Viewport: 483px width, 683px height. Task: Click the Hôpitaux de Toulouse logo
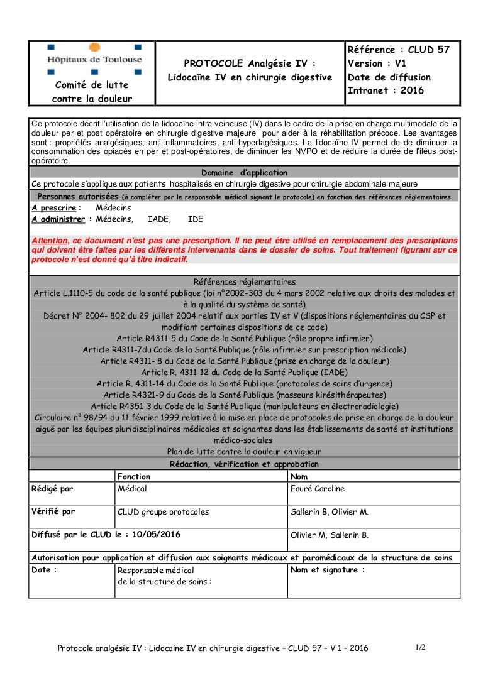[94, 58]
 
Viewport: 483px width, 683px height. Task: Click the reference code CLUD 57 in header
[425, 50]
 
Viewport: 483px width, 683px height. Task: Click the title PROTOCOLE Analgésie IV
[250, 63]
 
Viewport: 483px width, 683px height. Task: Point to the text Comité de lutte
[92, 85]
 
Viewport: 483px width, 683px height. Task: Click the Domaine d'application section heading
[244, 173]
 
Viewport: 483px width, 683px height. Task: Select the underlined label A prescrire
[54, 208]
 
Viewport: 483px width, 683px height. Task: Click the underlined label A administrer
[58, 219]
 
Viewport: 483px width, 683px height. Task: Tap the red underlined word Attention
[50, 241]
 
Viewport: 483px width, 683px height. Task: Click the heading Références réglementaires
[244, 282]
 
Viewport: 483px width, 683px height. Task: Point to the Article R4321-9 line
[244, 395]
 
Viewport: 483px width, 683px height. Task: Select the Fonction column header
[134, 477]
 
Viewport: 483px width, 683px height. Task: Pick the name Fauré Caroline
[318, 489]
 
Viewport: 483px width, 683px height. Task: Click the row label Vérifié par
[53, 511]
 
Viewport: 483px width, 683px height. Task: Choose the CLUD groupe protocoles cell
[163, 512]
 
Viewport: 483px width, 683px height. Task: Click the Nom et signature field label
[328, 570]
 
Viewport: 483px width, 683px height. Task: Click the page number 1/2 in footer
[420, 647]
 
